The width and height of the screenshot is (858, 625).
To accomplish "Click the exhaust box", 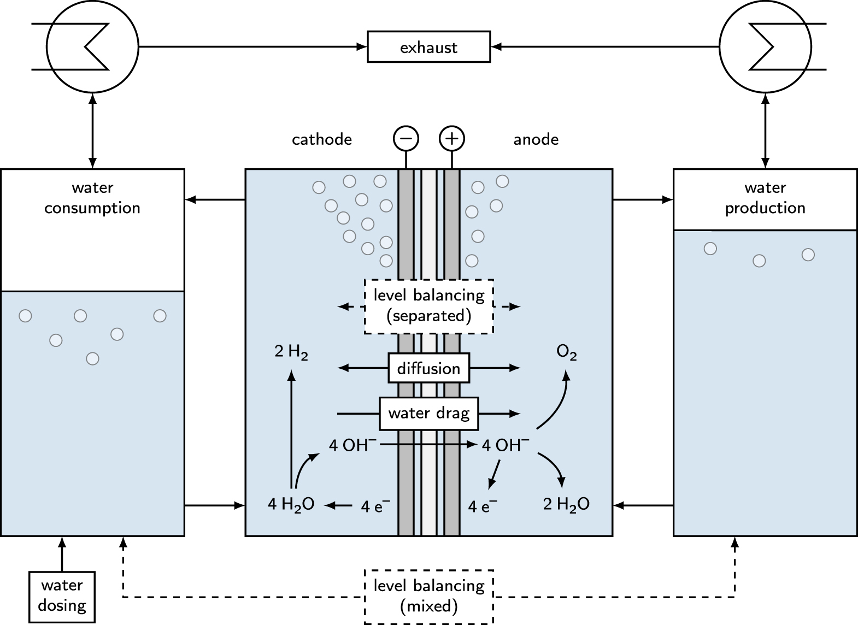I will [428, 47].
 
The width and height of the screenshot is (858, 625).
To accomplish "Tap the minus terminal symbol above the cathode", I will [406, 139].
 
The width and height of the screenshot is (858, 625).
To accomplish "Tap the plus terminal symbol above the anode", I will [451, 139].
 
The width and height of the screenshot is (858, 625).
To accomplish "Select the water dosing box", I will [62, 596].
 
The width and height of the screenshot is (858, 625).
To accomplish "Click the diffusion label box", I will [428, 368].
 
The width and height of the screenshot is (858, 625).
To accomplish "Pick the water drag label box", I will [428, 413].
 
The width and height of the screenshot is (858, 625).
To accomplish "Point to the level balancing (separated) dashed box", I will [428, 306].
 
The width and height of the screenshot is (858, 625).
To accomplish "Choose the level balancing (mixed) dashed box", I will [428, 596].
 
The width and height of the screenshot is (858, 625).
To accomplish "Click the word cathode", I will [321, 140].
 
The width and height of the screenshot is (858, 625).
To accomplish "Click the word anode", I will [536, 140].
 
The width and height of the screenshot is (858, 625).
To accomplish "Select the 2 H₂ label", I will [291, 353].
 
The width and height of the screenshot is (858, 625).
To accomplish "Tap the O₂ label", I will [566, 353].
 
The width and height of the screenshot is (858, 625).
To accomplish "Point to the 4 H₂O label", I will [291, 505].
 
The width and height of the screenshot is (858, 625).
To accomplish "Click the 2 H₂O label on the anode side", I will [566, 505].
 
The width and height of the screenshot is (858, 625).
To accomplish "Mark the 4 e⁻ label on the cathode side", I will [375, 506].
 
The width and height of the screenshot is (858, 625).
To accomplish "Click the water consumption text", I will [92, 198].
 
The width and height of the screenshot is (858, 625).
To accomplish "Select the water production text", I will [765, 198].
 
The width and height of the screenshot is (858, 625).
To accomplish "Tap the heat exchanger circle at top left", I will [92, 47].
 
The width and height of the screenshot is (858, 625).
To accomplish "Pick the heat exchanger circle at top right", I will [765, 47].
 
